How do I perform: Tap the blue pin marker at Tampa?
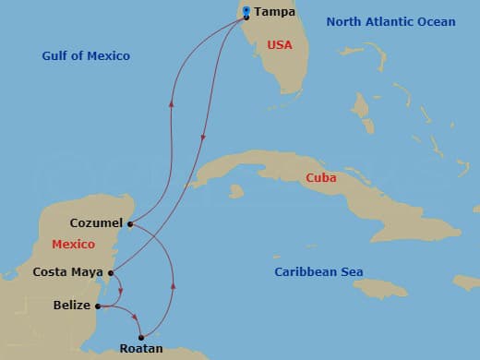pos(246,13)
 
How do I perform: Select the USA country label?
pos(280,44)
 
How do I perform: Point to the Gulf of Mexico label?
pos(86,56)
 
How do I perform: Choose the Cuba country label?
pos(321,177)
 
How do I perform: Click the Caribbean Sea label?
pos(319,271)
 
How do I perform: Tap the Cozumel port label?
pos(97,223)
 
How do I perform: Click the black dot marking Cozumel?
pos(130,223)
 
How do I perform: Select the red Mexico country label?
pos(73,245)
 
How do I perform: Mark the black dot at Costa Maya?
pos(111,272)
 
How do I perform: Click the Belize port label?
pos(72,305)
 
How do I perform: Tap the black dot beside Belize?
pos(98,306)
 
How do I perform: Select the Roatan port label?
pos(141,349)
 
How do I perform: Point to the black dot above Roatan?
pos(141,337)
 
